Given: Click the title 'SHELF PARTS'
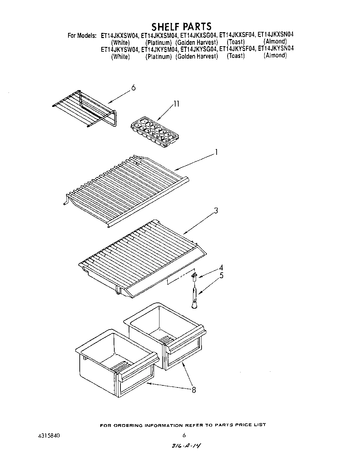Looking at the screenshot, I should (x=181, y=26).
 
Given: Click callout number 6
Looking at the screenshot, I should (x=133, y=88).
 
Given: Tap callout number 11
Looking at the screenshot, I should (x=176, y=104).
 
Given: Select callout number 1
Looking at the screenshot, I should (x=216, y=152).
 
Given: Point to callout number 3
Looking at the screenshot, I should (x=216, y=211).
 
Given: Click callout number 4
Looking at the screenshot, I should (x=221, y=268).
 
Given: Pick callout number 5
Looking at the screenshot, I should (x=221, y=275).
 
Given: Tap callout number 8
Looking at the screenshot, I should (x=194, y=390).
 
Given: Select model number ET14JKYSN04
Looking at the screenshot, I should (x=275, y=49).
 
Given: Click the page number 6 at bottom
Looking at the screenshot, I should (x=184, y=436).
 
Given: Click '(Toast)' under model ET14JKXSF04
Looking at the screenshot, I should (x=236, y=42).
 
